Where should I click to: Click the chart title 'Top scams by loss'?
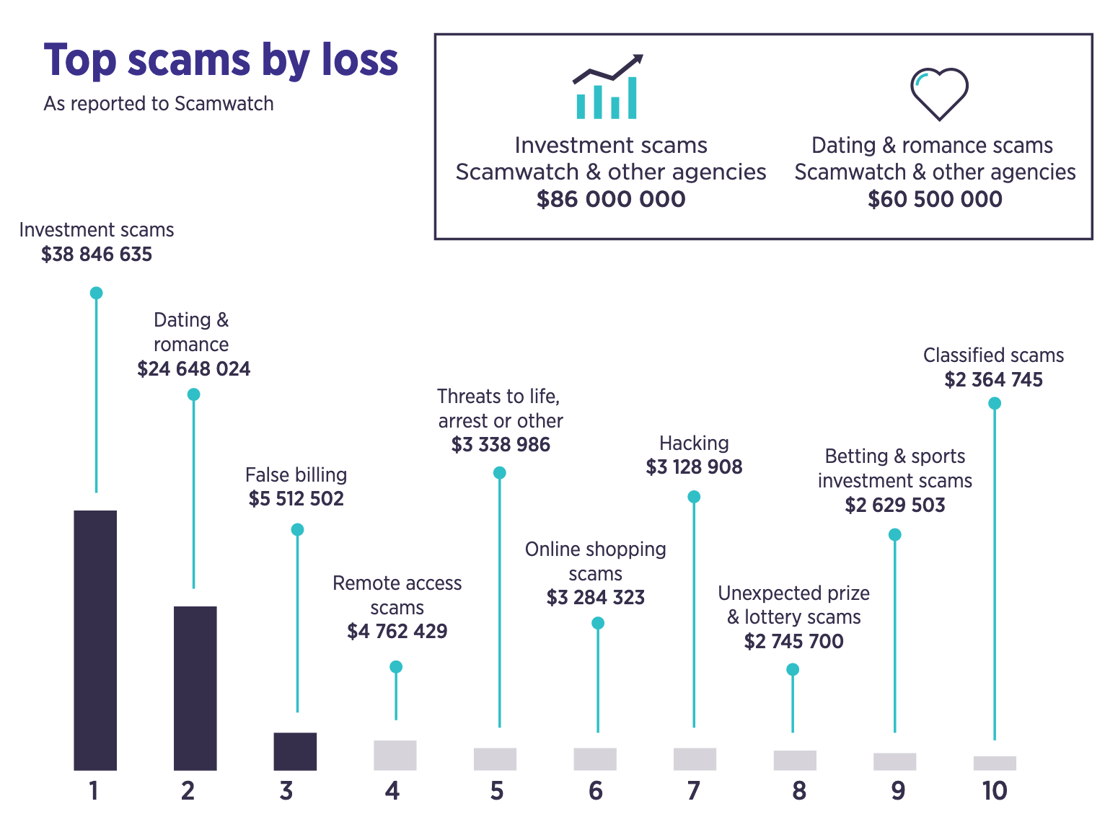pos(221,60)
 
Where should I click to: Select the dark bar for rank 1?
pos(95,640)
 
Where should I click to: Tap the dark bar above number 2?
pos(195,688)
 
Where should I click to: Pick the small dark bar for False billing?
pos(295,751)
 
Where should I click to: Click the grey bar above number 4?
pos(395,755)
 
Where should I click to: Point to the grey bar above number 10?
pos(995,763)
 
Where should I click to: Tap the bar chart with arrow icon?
pos(607,87)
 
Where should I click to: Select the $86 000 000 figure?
pos(611,199)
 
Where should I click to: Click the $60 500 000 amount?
pos(935,199)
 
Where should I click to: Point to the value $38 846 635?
pos(97,255)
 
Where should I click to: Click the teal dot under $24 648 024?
pos(193,394)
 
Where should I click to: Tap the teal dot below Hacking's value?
pos(694,497)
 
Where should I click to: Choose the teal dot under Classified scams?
pos(995,404)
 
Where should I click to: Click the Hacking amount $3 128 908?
pos(694,467)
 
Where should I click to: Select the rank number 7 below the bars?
pos(694,791)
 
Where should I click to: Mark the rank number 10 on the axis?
pos(995,791)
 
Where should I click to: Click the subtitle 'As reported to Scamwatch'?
pos(159,104)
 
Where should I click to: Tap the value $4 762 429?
pos(397,632)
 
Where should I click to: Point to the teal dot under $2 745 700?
pos(793,670)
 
